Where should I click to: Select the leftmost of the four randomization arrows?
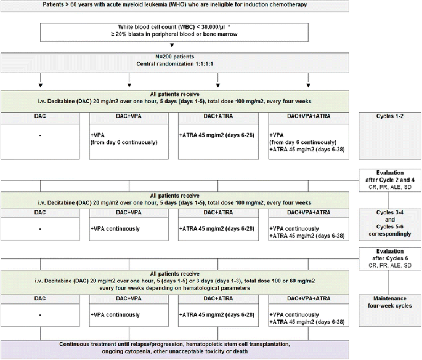[x=40, y=84]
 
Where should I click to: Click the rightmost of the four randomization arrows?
[x=309, y=84]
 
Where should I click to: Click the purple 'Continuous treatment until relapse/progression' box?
[x=174, y=348]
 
